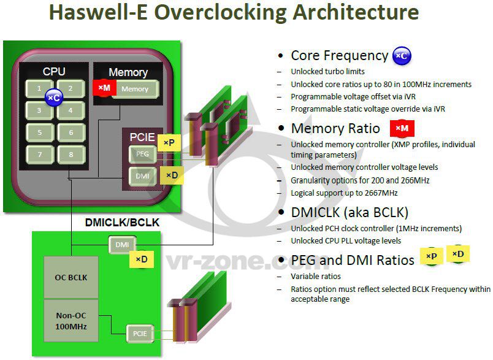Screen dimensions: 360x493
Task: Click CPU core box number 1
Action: click(x=39, y=88)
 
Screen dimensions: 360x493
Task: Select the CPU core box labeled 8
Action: click(x=71, y=154)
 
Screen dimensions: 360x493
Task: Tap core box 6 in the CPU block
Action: click(x=71, y=132)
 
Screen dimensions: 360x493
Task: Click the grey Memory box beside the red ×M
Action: click(x=135, y=89)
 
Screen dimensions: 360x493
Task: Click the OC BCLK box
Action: click(x=71, y=277)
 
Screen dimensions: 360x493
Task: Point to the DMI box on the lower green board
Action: click(x=121, y=245)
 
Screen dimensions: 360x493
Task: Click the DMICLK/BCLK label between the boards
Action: click(x=122, y=223)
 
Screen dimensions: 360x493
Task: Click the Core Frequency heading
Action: click(x=339, y=56)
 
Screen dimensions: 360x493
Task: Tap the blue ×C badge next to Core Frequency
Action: click(x=402, y=56)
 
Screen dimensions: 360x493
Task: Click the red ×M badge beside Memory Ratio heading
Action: click(x=402, y=128)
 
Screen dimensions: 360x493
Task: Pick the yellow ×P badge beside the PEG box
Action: click(x=169, y=143)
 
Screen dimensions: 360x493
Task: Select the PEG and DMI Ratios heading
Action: click(x=353, y=260)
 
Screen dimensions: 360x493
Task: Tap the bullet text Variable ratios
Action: click(x=315, y=277)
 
